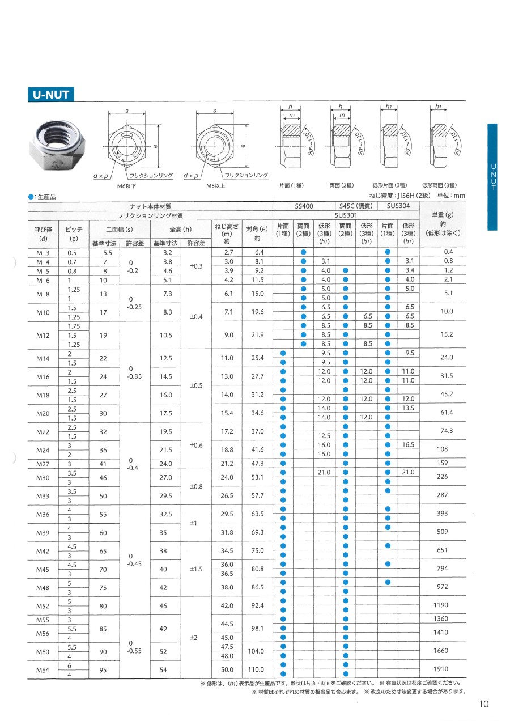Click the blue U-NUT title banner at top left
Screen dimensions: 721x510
(x=51, y=94)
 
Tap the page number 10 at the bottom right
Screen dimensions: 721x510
(x=483, y=704)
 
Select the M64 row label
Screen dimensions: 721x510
(x=43, y=669)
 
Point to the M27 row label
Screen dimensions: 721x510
(x=43, y=464)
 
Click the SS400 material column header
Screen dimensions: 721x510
(x=304, y=207)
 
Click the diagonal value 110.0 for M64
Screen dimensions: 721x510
(x=257, y=669)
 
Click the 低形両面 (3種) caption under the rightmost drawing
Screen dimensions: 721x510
(x=439, y=185)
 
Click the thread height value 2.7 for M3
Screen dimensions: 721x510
(x=228, y=252)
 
